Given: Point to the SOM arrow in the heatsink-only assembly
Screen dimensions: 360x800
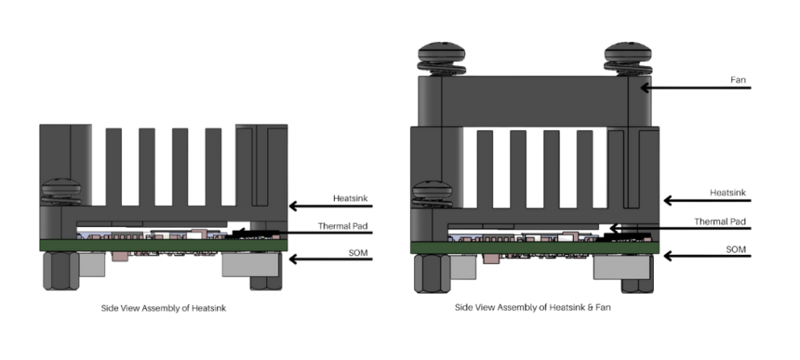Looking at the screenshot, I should tap(323, 259).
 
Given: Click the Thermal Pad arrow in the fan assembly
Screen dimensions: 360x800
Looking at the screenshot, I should tap(678, 229).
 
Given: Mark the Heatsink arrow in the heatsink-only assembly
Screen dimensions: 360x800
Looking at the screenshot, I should tap(323, 206).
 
